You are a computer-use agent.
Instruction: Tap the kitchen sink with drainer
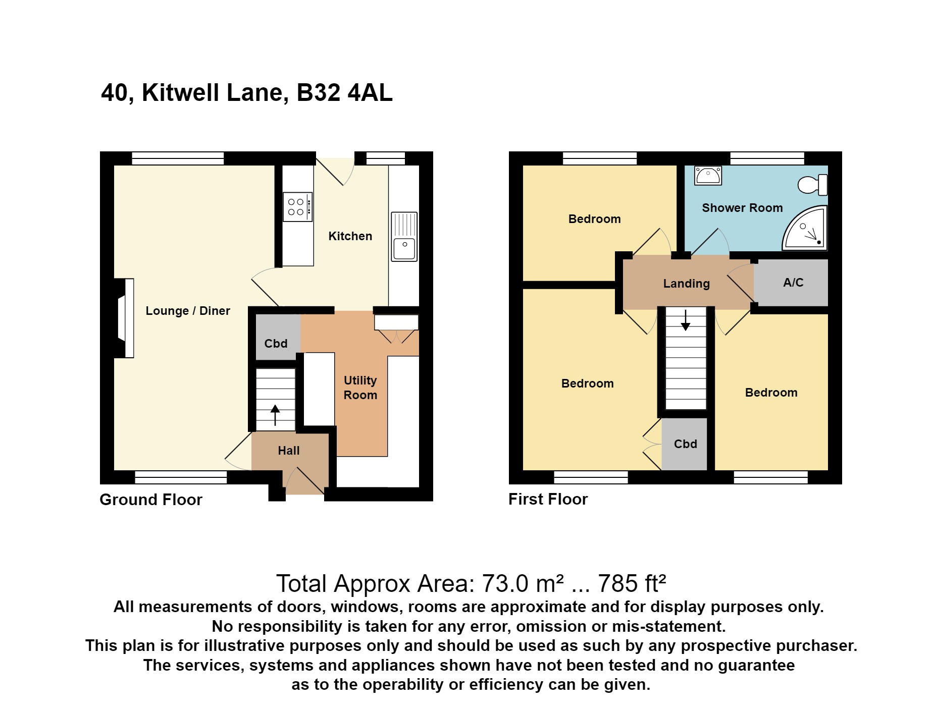coord(404,237)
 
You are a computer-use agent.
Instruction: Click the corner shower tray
coord(807,230)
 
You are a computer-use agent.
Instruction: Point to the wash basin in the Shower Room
coord(708,176)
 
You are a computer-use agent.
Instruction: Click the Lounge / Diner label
coord(188,311)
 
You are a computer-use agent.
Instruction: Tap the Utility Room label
coord(360,388)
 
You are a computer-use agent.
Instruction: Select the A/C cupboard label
coord(793,283)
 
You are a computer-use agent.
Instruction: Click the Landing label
coord(686,284)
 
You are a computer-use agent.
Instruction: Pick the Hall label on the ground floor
coord(288,451)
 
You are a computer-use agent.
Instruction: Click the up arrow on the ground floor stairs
coord(275,415)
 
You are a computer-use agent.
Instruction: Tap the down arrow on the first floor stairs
coord(686,320)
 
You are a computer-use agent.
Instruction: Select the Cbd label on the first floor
coord(685,444)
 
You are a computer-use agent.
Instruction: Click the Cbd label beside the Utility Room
coord(276,344)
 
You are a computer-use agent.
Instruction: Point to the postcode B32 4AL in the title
coord(344,93)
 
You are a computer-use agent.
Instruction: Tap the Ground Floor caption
coord(151,500)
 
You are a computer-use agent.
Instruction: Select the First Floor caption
coord(548,499)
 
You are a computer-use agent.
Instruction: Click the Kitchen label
coord(350,236)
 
